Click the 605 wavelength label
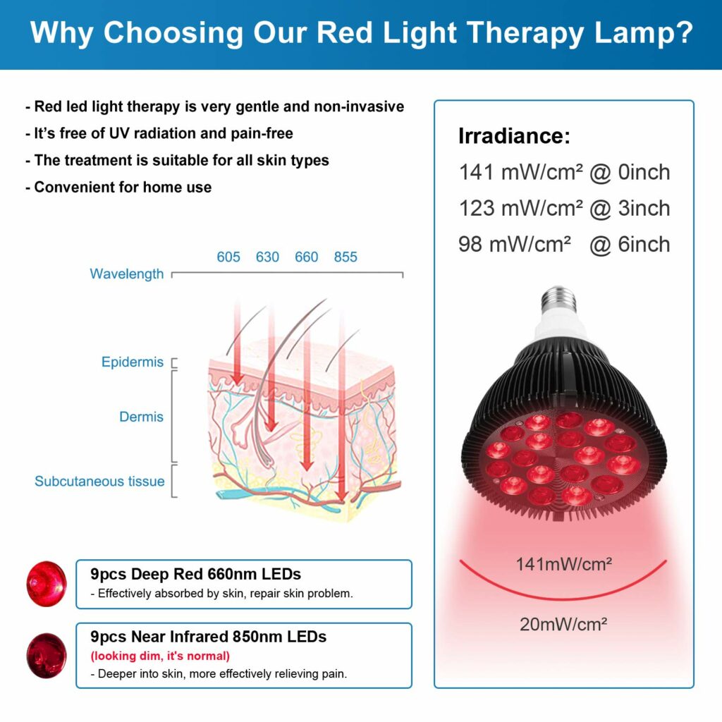[x=228, y=257]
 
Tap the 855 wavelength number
[x=345, y=257]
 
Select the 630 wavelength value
[x=267, y=257]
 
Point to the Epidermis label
[x=133, y=362]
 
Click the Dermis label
[x=141, y=417]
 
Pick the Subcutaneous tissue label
[x=99, y=482]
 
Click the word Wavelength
[x=127, y=274]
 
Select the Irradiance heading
[x=514, y=135]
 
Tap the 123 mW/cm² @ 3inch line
[x=564, y=209]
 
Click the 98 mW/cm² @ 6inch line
[x=564, y=245]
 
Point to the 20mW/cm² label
[x=563, y=623]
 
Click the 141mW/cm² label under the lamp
[x=563, y=563]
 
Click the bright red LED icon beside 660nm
[x=47, y=584]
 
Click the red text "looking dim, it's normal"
[x=160, y=656]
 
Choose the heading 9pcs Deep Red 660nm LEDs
[x=196, y=574]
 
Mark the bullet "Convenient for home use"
[x=118, y=187]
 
